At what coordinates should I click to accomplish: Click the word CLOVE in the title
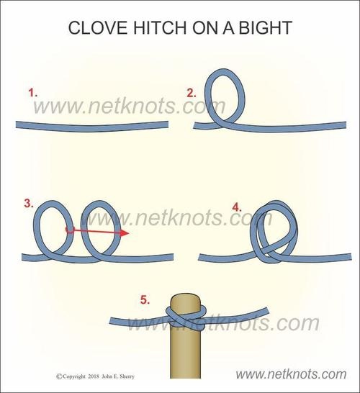98,27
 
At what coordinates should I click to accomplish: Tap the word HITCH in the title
160,27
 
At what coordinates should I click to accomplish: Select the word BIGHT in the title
265,27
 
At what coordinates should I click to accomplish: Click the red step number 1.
33,93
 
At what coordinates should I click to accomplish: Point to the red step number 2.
192,94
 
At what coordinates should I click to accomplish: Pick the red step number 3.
29,204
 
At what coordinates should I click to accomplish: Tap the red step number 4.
237,207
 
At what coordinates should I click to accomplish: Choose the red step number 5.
145,299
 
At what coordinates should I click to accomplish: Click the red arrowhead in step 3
125,233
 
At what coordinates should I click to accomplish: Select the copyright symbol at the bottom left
59,376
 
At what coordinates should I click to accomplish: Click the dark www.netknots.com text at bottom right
291,374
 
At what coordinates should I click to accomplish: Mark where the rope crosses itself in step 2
222,123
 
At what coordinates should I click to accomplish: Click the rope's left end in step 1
17,125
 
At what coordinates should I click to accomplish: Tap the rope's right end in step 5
267,311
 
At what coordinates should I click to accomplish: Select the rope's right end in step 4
350,257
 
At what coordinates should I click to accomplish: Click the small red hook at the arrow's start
69,230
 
